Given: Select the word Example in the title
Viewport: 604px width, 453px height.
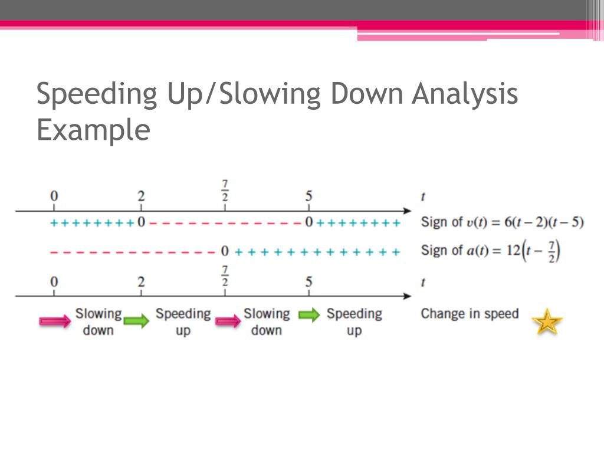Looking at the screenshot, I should [93, 130].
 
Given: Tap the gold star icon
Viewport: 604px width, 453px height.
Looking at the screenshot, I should [547, 322].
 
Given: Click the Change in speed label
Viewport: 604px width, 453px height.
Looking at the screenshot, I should [470, 314].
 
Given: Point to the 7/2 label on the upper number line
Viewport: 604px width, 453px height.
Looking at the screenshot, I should [224, 191].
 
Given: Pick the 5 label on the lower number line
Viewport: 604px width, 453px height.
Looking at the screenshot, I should [308, 281].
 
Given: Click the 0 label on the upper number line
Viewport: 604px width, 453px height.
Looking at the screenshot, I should [54, 196].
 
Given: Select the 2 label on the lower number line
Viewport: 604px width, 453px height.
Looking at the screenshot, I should [141, 281].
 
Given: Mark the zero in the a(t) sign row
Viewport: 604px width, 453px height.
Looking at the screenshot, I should [224, 252].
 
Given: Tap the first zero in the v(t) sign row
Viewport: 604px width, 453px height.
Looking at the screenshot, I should [141, 224].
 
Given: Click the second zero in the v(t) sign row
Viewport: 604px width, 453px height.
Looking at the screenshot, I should [308, 224].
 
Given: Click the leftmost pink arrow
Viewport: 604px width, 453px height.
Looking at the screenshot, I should [54, 320].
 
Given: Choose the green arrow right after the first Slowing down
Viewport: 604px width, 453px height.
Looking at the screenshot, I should [137, 321].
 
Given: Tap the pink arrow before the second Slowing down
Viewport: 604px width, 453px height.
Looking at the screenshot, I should [227, 320].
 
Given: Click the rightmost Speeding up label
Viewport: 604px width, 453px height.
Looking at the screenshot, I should [354, 321].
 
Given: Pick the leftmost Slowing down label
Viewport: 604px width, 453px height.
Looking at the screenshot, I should [98, 321].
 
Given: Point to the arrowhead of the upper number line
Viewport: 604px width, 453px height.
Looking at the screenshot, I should [407, 211].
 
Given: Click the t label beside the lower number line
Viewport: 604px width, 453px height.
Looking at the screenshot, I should [423, 281].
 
